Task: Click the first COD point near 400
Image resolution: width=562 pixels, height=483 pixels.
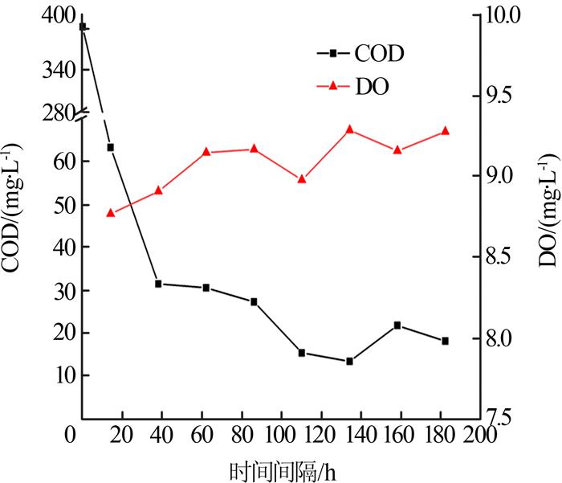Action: (x=83, y=27)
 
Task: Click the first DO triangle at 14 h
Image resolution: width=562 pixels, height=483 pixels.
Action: (x=111, y=213)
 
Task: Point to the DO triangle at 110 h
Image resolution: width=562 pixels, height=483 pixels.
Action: (x=302, y=179)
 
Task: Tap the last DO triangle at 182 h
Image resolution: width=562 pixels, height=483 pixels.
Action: (x=445, y=131)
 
